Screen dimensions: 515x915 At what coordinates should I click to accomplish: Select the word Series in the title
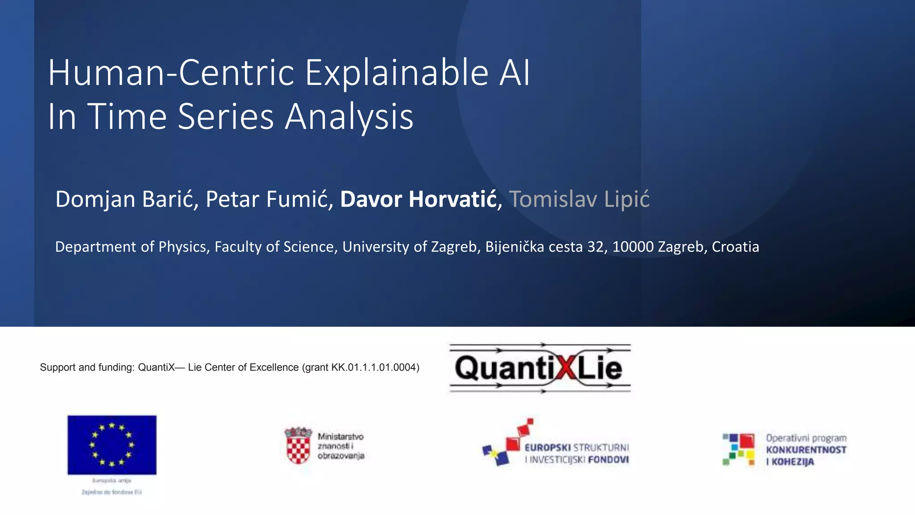point(226,117)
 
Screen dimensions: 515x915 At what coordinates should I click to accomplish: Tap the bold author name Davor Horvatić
point(418,199)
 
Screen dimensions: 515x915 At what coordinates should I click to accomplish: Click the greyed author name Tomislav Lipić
point(579,199)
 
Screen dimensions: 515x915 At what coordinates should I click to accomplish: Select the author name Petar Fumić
point(269,199)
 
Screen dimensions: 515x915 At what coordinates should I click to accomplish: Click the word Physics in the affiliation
point(182,247)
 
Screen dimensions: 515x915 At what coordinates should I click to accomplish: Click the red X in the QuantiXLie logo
point(566,368)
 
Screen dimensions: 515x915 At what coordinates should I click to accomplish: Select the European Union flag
point(112,444)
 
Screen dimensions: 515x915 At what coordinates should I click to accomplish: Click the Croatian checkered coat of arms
point(298,446)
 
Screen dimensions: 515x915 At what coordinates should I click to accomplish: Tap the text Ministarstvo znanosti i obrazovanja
point(341,446)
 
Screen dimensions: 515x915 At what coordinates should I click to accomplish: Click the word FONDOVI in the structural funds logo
point(608,460)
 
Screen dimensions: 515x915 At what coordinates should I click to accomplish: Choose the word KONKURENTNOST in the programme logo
point(806,450)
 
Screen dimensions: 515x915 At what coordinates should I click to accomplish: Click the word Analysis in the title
point(349,117)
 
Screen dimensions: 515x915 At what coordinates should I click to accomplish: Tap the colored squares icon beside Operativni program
point(739,449)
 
